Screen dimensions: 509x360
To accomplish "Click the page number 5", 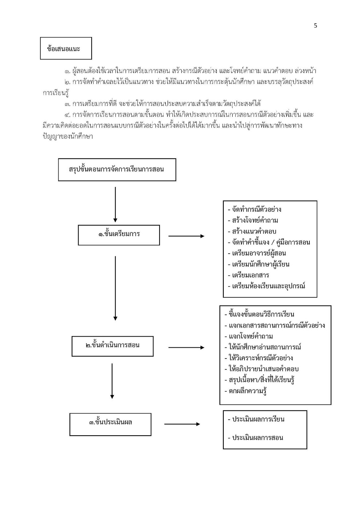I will pos(315,26).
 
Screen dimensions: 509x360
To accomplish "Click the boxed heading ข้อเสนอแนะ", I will pos(66,48).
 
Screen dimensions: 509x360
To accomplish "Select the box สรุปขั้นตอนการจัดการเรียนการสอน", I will pos(117,170).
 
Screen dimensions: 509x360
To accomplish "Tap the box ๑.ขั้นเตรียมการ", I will pos(119,235).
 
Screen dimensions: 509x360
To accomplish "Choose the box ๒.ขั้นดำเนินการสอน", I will pos(112,346).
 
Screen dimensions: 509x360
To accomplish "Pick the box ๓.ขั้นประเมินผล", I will pos(110,424).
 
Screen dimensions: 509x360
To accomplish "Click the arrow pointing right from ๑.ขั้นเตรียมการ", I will pos(186,236).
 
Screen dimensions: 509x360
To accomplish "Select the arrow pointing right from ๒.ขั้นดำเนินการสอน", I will pos(186,347).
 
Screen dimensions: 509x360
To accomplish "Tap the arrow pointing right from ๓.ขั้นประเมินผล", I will pos(182,424).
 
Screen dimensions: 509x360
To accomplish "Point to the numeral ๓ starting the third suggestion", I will pos(67,104).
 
